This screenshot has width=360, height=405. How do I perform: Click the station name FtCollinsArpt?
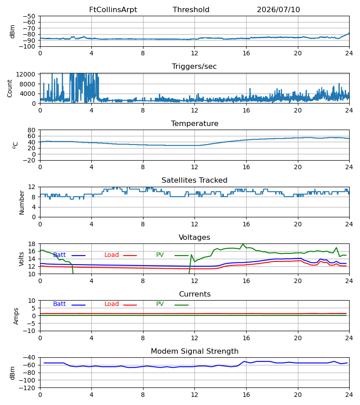(x=113, y=10)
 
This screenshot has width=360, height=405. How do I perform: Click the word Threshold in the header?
(x=191, y=10)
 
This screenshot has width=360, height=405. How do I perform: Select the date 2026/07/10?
(x=279, y=10)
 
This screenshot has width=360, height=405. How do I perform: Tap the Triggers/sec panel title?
(x=194, y=67)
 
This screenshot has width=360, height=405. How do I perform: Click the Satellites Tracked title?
(x=194, y=180)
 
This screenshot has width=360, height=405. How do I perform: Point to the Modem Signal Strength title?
(x=194, y=351)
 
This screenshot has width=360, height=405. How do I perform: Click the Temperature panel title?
(x=194, y=123)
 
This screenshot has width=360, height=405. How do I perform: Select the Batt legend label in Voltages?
(x=59, y=255)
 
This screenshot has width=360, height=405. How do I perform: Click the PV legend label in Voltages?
(x=160, y=255)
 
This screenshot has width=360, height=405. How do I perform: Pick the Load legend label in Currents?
(x=112, y=304)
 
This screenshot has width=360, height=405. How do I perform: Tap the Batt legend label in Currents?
(x=59, y=304)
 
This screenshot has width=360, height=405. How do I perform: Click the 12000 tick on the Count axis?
(x=26, y=74)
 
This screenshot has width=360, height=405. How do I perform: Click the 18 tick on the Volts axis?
(x=31, y=244)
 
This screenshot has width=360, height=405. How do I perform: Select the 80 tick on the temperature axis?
(x=31, y=130)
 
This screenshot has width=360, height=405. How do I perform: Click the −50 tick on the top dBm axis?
(x=29, y=16)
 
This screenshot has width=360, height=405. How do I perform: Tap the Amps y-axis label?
(x=16, y=316)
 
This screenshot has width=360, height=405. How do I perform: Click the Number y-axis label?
(x=22, y=203)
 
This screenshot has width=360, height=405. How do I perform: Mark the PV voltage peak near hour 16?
(x=243, y=244)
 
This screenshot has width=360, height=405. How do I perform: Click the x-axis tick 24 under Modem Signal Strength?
(x=349, y=395)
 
